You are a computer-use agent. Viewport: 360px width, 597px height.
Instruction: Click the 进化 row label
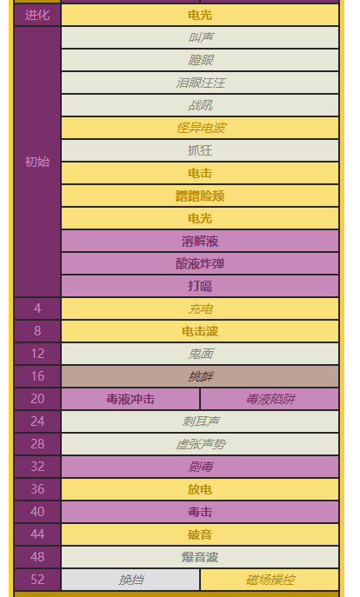coord(37,16)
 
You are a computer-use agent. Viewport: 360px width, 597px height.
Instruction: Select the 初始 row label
coord(37,162)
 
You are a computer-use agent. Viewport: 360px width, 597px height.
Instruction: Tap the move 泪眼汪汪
coord(200,83)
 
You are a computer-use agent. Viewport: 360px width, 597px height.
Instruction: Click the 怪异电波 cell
coord(200,128)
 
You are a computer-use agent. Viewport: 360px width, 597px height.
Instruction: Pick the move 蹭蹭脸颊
coord(200,196)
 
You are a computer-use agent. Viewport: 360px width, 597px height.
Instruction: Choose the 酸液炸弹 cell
coord(200,263)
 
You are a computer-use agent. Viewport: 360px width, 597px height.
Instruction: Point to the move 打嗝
coord(200,286)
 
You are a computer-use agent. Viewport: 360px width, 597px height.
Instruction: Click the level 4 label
coord(37,308)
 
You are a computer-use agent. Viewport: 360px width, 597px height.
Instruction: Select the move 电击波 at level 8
coord(200,331)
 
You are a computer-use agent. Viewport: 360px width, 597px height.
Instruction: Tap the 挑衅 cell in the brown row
coord(200,376)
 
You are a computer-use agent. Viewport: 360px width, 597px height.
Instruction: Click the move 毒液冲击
coord(130,399)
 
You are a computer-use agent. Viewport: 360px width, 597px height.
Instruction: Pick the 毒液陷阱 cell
coord(270,399)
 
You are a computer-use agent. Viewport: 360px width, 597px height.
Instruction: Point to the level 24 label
coord(37,421)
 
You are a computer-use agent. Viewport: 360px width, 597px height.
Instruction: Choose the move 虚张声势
coord(200,444)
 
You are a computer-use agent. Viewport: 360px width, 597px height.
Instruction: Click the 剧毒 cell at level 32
coord(200,467)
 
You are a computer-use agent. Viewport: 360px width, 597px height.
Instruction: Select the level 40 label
coord(37,512)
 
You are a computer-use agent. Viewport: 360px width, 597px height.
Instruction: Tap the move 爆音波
coord(200,557)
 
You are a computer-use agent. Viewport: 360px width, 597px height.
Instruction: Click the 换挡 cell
coord(131,580)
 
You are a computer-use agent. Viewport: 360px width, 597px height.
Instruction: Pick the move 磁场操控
coord(270,580)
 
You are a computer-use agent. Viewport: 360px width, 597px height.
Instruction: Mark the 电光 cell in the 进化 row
coord(200,16)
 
